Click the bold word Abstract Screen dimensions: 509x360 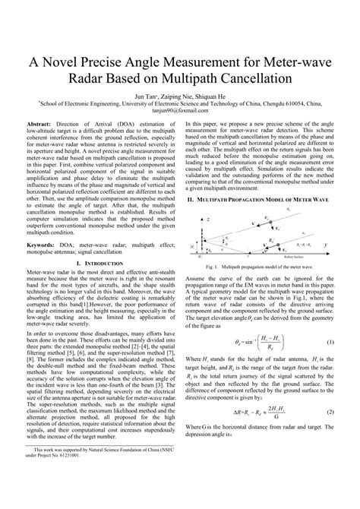(39, 123)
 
